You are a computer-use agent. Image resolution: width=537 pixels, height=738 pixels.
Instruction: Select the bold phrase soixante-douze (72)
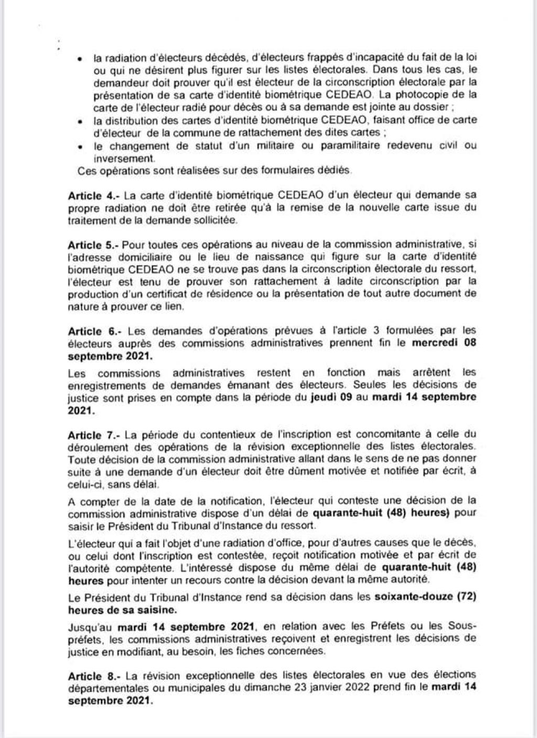pos(425,597)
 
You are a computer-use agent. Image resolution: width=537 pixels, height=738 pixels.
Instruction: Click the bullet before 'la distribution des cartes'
pos(79,122)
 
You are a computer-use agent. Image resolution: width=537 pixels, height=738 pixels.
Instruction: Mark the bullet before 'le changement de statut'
pos(79,147)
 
